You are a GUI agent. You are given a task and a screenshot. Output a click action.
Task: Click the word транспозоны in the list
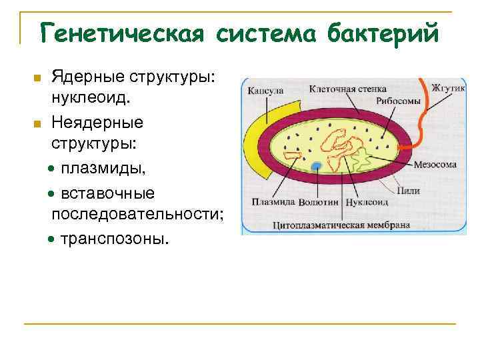pyautogui.click(x=115, y=238)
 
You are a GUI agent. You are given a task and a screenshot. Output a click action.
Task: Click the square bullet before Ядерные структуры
pyautogui.click(x=38, y=79)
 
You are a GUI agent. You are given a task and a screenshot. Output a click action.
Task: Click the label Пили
pyautogui.click(x=407, y=191)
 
